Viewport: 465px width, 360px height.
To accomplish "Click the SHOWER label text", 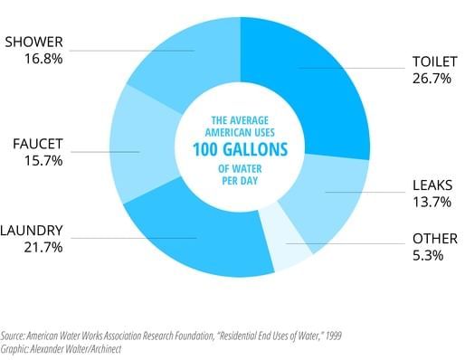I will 33,43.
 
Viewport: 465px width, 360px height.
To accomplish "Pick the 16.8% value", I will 33,60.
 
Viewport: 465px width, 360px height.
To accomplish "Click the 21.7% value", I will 34,247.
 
